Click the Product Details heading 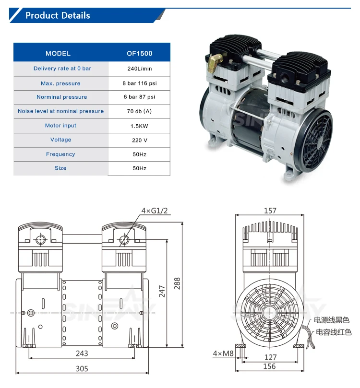coord(58,15)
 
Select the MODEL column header coord(58,53)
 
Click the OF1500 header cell coord(139,53)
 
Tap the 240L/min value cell coord(139,69)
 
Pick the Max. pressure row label coord(60,83)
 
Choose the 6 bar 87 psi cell coord(139,97)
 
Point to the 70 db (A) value coord(139,111)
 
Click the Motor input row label coord(60,126)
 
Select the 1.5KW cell coord(139,126)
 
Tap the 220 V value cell coord(139,140)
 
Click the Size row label coord(60,168)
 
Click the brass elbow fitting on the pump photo coord(216,61)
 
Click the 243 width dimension coord(82,353)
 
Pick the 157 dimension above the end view coord(270,211)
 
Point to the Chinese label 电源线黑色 coord(332,320)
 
